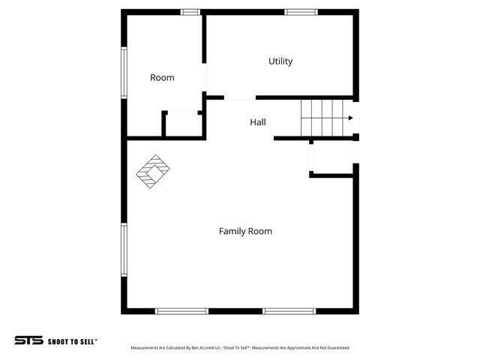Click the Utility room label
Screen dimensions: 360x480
click(x=280, y=61)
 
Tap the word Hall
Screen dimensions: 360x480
click(x=258, y=122)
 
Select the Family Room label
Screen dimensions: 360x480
click(x=245, y=232)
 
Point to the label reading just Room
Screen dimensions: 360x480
click(x=162, y=78)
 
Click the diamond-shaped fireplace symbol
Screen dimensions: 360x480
click(x=152, y=172)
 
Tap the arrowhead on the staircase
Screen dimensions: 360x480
click(x=349, y=118)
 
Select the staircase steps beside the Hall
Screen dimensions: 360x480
click(x=322, y=118)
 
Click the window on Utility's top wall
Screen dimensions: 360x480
click(x=301, y=12)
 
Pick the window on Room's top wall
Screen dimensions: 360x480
click(x=190, y=12)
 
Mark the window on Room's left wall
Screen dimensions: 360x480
click(x=124, y=73)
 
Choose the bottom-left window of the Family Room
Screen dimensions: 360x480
click(x=181, y=310)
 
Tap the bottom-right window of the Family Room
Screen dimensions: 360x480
click(x=289, y=310)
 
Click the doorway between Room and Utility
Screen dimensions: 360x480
click(x=205, y=79)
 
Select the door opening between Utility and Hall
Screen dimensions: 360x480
click(x=240, y=97)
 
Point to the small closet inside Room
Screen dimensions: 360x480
click(x=182, y=125)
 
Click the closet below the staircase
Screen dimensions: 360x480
click(x=333, y=157)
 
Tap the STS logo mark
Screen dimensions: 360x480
click(x=28, y=340)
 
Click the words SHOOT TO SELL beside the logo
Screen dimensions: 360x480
click(x=73, y=340)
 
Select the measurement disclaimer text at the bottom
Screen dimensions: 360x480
click(x=240, y=348)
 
